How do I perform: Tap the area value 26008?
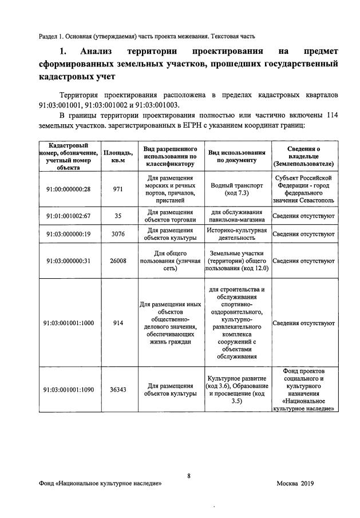tap(118, 261)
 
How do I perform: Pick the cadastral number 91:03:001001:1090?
tap(68, 389)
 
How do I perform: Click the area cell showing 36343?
tap(118, 389)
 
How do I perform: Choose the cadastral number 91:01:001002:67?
tap(68, 215)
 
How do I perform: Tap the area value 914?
tap(118, 323)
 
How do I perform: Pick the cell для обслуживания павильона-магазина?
tap(236, 215)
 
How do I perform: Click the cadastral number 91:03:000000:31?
tap(68, 261)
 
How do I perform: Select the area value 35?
tap(118, 215)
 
